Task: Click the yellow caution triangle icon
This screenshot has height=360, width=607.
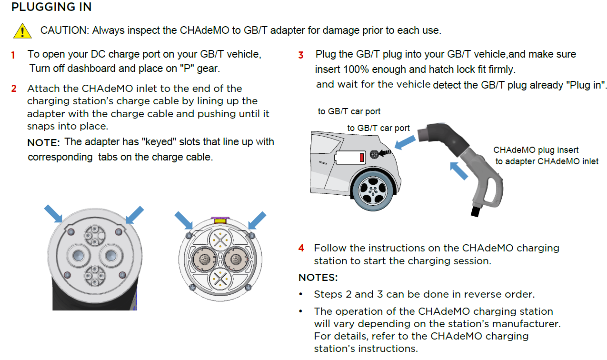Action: (x=22, y=31)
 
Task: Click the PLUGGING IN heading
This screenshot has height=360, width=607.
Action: (x=51, y=7)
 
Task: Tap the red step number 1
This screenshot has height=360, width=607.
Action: (x=13, y=55)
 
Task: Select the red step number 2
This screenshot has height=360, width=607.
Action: (x=14, y=89)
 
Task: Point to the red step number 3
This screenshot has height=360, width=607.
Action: (x=301, y=55)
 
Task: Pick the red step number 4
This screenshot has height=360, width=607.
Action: (x=301, y=248)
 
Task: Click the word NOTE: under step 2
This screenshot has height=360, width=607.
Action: (x=44, y=142)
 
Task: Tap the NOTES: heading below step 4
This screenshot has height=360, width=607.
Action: (x=318, y=278)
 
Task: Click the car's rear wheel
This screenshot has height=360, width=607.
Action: (x=373, y=191)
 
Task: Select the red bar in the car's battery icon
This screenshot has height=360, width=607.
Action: (x=361, y=158)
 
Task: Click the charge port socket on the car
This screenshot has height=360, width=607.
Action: (x=374, y=154)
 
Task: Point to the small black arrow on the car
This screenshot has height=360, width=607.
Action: (x=385, y=153)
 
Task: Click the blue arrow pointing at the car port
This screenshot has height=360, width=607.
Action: (x=405, y=142)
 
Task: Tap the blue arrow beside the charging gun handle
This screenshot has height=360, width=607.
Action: (x=459, y=171)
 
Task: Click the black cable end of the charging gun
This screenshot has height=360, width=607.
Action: (x=476, y=211)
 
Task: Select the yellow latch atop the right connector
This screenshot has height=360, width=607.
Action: (x=220, y=221)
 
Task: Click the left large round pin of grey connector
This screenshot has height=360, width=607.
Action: (x=78, y=255)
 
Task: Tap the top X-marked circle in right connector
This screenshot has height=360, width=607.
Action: (x=220, y=240)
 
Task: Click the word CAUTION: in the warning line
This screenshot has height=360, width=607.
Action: (x=65, y=30)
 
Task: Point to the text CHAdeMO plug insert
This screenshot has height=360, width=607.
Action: (x=536, y=150)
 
